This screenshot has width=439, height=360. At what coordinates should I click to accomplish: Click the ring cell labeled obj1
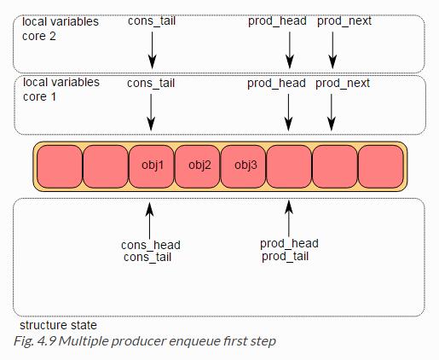(x=152, y=166)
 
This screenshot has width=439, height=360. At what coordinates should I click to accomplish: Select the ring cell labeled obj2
(x=198, y=166)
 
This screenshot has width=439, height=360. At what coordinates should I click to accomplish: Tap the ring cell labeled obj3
(x=244, y=166)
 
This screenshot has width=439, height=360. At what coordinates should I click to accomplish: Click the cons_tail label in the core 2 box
(x=152, y=21)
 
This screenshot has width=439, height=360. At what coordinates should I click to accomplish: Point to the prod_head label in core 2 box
(x=277, y=21)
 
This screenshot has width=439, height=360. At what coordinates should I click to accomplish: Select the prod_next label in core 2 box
(x=344, y=21)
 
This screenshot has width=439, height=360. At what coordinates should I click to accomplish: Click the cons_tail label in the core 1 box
(x=151, y=84)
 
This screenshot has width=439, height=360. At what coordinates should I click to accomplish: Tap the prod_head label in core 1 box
(x=276, y=84)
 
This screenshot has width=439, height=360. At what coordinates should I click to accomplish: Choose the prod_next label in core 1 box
(x=343, y=84)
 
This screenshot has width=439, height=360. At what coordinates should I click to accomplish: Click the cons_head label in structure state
(x=151, y=245)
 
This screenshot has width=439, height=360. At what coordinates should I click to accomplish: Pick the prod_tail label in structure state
(x=285, y=257)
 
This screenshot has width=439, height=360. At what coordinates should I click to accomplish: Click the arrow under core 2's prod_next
(x=332, y=50)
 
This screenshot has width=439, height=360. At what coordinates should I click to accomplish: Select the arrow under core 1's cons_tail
(x=151, y=113)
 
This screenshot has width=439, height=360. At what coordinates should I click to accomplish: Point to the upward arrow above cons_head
(x=149, y=221)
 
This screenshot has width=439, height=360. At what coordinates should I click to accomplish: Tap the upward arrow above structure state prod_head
(x=289, y=218)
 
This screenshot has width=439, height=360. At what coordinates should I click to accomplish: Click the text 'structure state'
(x=58, y=325)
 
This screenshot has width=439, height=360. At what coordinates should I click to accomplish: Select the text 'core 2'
(x=39, y=37)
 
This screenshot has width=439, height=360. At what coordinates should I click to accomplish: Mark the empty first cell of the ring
(x=60, y=166)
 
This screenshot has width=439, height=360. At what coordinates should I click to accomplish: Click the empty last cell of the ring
(x=381, y=166)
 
